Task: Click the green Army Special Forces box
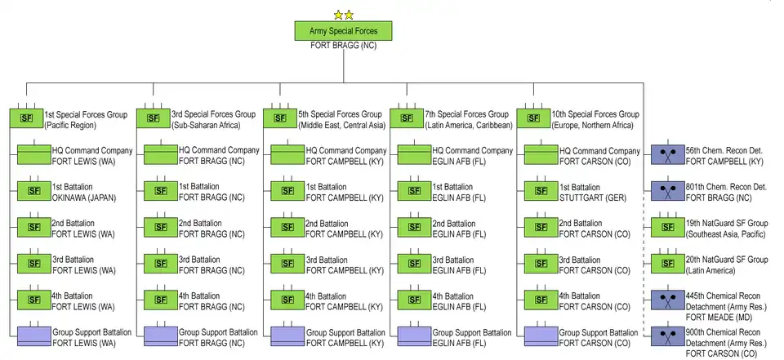[x=343, y=30]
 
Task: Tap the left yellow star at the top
[x=337, y=14]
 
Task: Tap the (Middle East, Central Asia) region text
[x=341, y=125]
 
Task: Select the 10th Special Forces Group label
[x=595, y=114]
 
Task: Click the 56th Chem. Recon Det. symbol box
[x=667, y=155]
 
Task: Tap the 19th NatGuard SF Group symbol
[x=667, y=227]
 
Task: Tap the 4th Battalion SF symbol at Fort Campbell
[x=287, y=300]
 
